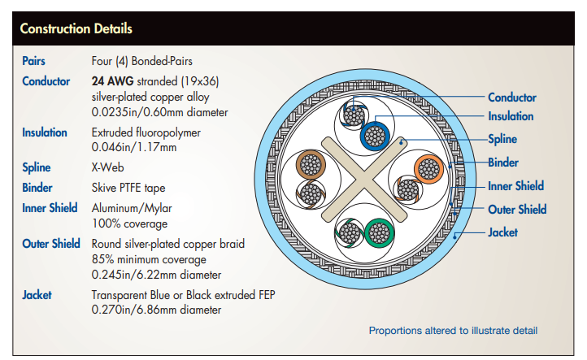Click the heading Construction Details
click(x=76, y=30)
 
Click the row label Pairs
click(x=34, y=61)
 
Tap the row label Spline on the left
click(x=37, y=167)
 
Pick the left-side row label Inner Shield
click(x=50, y=208)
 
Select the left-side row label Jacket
click(x=37, y=294)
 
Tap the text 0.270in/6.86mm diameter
click(x=157, y=310)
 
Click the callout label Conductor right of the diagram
click(x=512, y=98)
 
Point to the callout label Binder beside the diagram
click(x=503, y=163)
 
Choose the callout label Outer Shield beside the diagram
click(x=517, y=210)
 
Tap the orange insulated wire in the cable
click(x=428, y=169)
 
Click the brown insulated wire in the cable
click(x=310, y=164)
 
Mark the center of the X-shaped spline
click(x=363, y=179)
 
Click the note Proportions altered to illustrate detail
click(x=453, y=331)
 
